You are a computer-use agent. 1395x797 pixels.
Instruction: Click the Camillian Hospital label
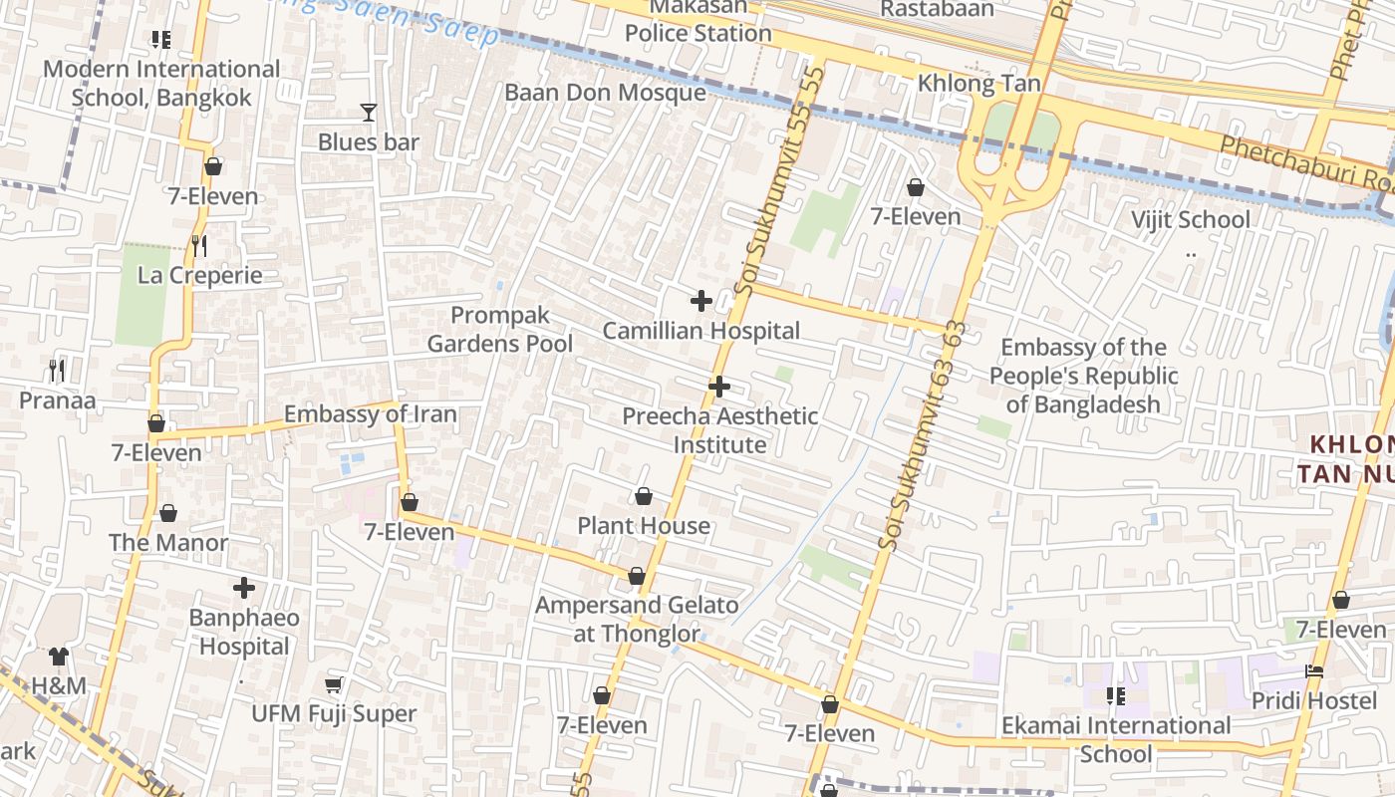701,331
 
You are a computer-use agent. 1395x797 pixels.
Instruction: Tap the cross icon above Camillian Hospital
701,301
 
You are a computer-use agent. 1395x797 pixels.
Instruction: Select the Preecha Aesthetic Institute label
719,430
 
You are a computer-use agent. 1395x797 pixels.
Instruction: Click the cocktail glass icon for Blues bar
369,113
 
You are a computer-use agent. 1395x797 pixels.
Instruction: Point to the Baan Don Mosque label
605,93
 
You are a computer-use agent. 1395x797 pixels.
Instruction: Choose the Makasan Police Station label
697,21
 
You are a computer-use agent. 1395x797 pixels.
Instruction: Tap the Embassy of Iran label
371,414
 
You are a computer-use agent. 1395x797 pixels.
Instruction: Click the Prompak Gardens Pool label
500,330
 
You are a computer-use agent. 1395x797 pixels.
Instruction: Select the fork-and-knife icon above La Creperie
199,245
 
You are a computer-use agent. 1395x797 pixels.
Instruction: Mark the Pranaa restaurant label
58,400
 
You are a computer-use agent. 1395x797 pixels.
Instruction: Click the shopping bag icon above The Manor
168,514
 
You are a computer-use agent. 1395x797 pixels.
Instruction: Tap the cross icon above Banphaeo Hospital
244,588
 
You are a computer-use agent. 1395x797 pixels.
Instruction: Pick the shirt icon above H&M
59,657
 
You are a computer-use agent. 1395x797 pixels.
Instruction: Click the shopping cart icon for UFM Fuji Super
334,685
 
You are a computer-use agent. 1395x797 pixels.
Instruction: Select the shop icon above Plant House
645,496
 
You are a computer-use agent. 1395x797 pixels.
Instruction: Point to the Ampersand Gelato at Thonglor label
637,619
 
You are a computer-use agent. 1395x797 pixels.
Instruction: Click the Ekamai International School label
1116,739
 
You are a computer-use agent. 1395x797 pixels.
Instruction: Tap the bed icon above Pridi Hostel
1314,671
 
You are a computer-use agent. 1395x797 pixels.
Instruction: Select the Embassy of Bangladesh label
1083,376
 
